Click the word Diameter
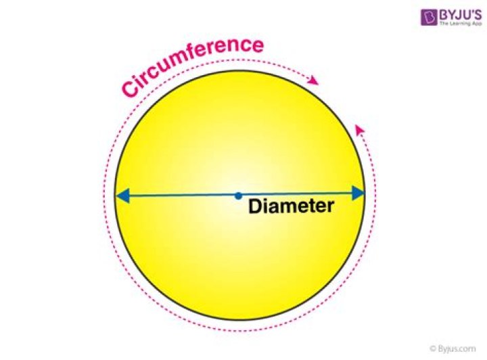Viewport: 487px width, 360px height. [292, 206]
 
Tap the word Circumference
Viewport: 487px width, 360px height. [193, 65]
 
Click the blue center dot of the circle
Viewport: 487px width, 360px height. [238, 196]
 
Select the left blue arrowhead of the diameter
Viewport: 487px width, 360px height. [122, 196]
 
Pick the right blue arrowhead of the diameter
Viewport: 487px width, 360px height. [358, 194]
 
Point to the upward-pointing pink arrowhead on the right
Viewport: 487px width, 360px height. [360, 129]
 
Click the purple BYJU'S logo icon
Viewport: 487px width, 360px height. [429, 18]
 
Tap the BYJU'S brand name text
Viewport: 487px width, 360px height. [461, 15]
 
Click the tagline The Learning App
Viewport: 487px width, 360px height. [461, 24]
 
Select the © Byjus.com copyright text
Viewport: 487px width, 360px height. [453, 348]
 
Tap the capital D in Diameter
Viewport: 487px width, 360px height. [255, 206]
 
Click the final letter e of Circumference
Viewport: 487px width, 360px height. [258, 46]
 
